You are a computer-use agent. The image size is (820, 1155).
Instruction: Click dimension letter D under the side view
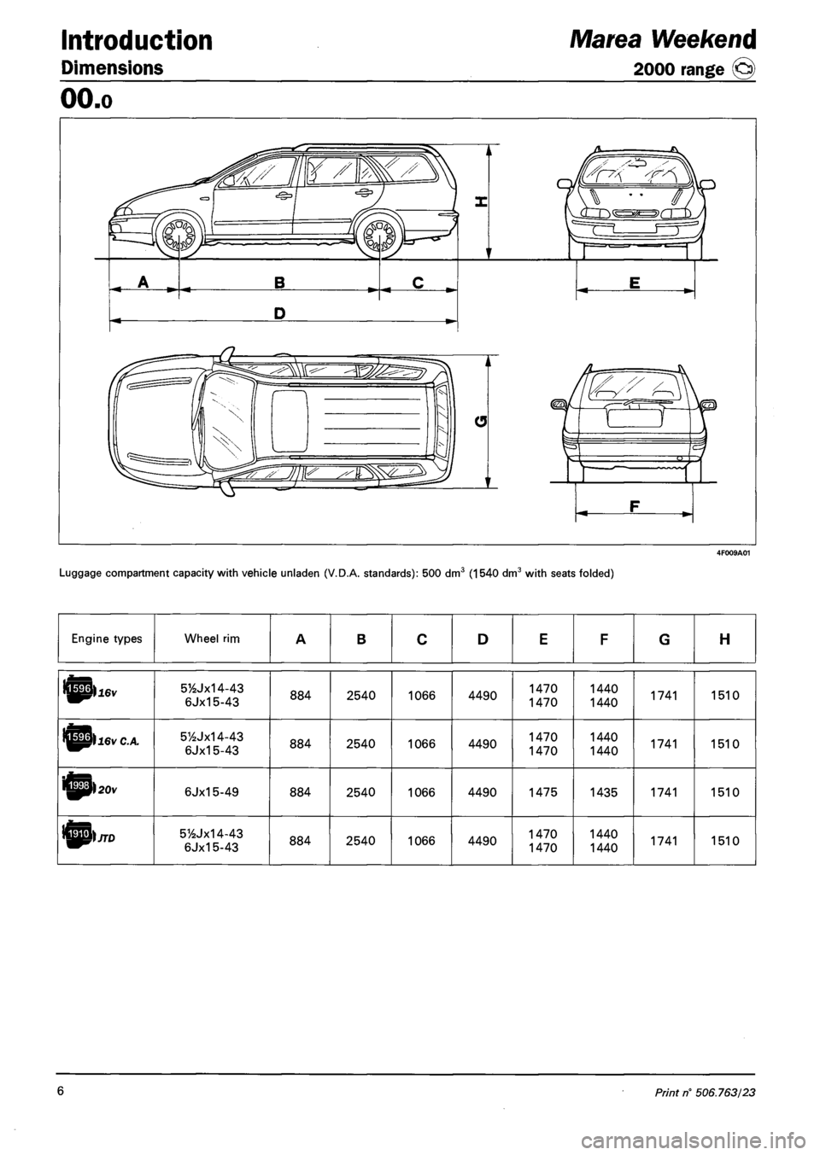[278, 315]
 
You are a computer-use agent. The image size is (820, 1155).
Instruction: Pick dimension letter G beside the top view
[480, 419]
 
